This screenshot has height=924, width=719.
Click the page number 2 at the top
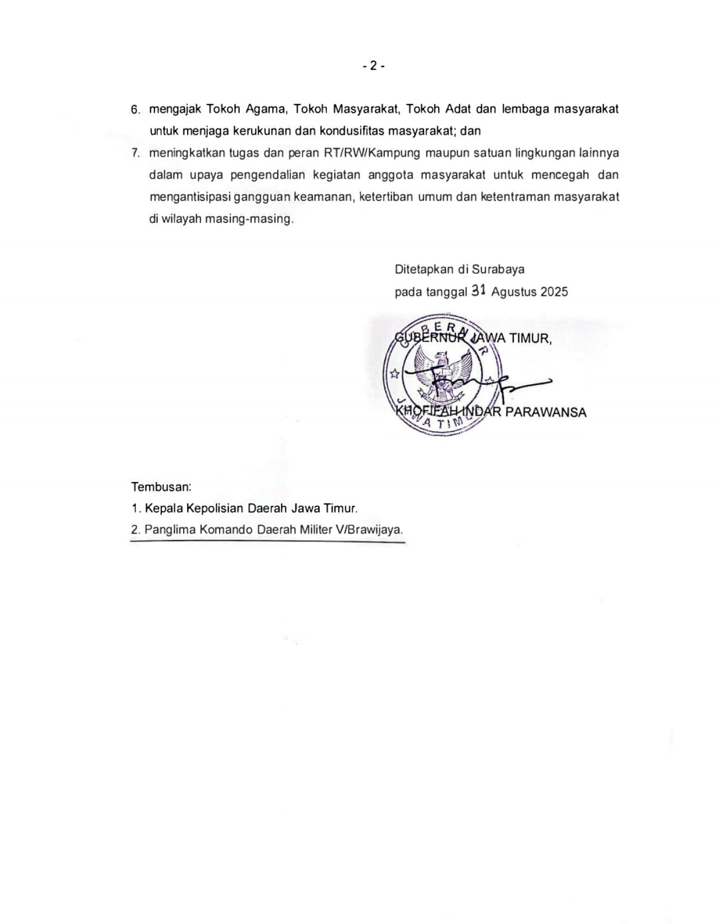click(373, 66)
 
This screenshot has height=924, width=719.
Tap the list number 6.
click(135, 110)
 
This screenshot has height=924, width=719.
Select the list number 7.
click(135, 153)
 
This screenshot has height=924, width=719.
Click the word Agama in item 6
click(263, 109)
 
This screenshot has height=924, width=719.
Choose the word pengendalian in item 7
click(267, 175)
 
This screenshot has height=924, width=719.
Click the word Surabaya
click(498, 269)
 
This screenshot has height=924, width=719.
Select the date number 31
click(478, 290)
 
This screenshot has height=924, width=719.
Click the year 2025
click(554, 292)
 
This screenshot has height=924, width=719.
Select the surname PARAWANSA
click(545, 412)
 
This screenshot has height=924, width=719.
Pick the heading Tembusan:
click(161, 486)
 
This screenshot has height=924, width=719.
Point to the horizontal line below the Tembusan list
click(267, 542)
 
